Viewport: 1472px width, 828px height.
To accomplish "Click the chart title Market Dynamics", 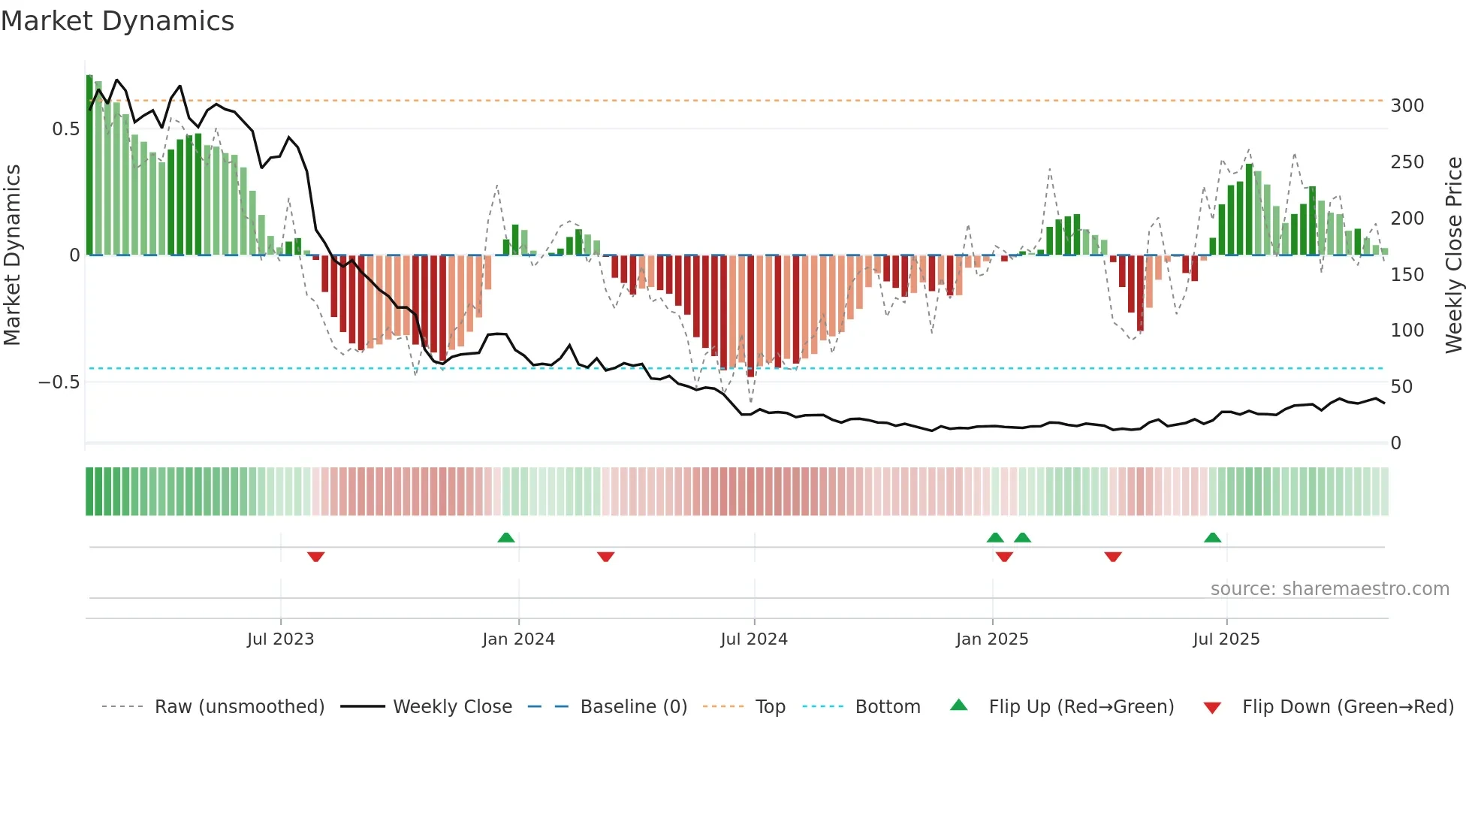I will [x=117, y=21].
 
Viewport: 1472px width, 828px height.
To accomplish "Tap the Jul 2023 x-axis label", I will [x=280, y=639].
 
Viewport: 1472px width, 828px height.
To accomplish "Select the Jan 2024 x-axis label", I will [x=518, y=639].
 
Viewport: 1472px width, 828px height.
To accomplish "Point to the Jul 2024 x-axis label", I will [x=754, y=639].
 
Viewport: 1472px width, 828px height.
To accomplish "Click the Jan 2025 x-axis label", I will [x=992, y=639].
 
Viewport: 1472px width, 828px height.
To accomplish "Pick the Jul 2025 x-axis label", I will [x=1226, y=639].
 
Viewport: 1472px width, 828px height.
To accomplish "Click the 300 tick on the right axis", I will [x=1407, y=106].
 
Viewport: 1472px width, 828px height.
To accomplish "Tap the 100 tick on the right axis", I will [x=1407, y=331].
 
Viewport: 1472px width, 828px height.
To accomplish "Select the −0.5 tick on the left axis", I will [x=59, y=382].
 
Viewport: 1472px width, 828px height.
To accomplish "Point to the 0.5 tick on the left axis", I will [x=66, y=129].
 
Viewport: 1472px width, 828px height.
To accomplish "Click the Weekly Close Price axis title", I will [x=1455, y=255].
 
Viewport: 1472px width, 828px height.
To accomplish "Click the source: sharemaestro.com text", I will [x=1329, y=589].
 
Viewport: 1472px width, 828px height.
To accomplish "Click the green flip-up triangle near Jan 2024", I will [x=506, y=538].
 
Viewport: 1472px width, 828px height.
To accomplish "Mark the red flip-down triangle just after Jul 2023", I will [x=315, y=557].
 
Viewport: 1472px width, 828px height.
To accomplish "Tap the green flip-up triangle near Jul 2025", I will [x=1212, y=538].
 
